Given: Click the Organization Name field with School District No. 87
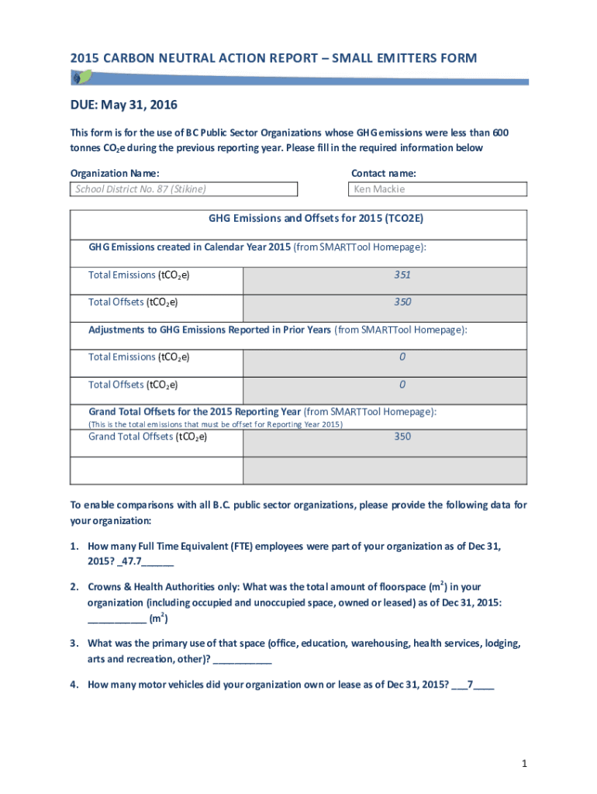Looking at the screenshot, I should click(184, 189).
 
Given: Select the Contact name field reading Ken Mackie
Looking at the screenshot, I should click(437, 189).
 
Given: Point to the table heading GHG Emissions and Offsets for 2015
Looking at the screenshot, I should click(316, 219).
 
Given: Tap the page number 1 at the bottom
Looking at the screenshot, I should click(525, 765).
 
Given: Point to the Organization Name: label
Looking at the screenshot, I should click(115, 174).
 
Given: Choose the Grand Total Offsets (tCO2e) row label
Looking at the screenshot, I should click(147, 437).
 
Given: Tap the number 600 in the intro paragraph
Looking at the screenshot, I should click(500, 133).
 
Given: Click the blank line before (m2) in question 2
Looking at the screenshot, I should click(116, 620).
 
